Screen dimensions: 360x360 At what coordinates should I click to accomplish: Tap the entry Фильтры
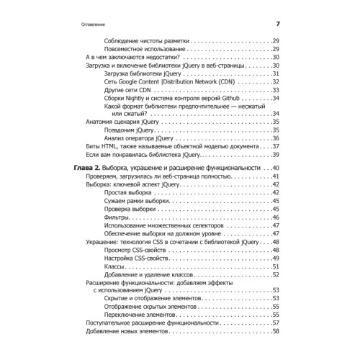[117, 217]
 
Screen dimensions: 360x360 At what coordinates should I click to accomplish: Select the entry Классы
[115, 266]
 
